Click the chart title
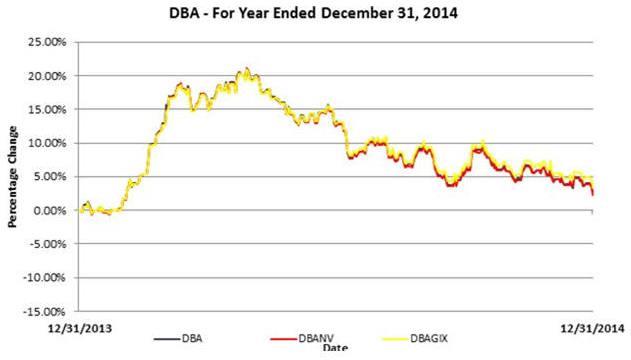pyautogui.click(x=313, y=13)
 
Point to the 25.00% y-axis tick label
pyautogui.click(x=47, y=42)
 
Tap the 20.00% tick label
pyautogui.click(x=47, y=76)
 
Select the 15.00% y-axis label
pyautogui.click(x=47, y=109)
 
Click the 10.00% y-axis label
pyautogui.click(x=47, y=143)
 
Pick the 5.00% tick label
pyautogui.click(x=49, y=177)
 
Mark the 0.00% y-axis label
pyautogui.click(x=49, y=210)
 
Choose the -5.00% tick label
pyautogui.click(x=47, y=244)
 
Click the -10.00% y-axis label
pyautogui.click(x=45, y=278)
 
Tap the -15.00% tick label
pyautogui.click(x=45, y=312)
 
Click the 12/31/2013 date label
pyautogui.click(x=80, y=329)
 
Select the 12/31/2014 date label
pyautogui.click(x=592, y=329)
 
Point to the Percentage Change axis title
pyautogui.click(x=12, y=177)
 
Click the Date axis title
pyautogui.click(x=335, y=348)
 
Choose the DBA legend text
pyautogui.click(x=192, y=339)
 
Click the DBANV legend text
pyautogui.click(x=316, y=339)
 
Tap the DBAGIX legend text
pyautogui.click(x=429, y=339)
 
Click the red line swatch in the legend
pyautogui.click(x=283, y=339)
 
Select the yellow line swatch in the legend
pyautogui.click(x=395, y=339)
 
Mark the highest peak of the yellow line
pyautogui.click(x=247, y=68)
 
